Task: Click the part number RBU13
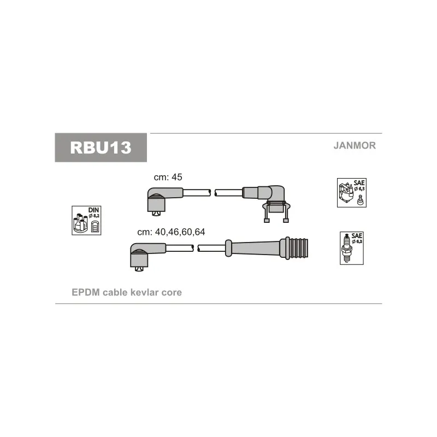click(x=101, y=147)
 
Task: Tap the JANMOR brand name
click(x=355, y=145)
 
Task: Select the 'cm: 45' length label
click(x=168, y=177)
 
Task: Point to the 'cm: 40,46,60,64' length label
click(x=171, y=232)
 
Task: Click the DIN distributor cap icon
click(x=86, y=221)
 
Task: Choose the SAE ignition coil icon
click(x=352, y=193)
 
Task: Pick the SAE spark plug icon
click(x=352, y=248)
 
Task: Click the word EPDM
click(x=86, y=292)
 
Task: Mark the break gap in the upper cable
click(x=212, y=193)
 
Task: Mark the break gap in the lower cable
click(x=196, y=248)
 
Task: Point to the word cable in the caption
click(x=115, y=292)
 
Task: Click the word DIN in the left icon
click(x=93, y=210)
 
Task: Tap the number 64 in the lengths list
click(x=200, y=232)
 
